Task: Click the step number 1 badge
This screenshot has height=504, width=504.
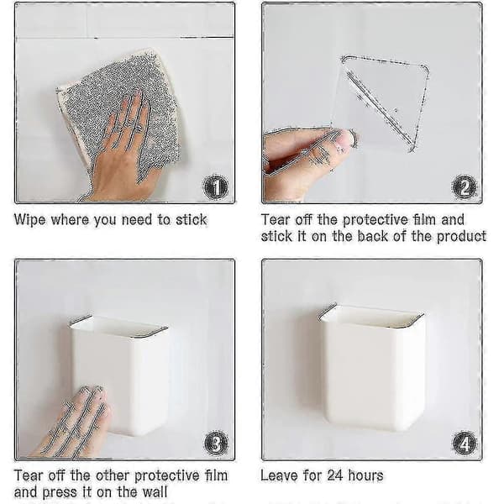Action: coord(216,187)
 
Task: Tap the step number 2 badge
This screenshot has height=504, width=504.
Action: coord(464,187)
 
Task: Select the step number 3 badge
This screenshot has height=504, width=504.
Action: coord(217,444)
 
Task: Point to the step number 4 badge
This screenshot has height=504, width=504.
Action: coord(465,444)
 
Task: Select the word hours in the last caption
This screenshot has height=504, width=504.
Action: coord(365,475)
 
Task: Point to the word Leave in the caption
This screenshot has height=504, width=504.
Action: coord(279,475)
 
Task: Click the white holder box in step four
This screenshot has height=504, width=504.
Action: coord(372,366)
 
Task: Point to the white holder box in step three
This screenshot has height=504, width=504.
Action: coord(119,375)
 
